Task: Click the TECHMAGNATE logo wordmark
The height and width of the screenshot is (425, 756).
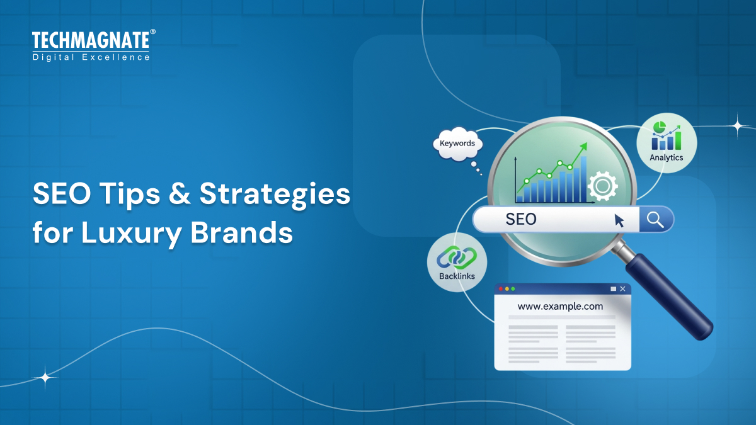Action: coord(91,41)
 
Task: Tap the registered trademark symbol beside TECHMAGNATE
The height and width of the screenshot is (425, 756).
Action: coord(152,31)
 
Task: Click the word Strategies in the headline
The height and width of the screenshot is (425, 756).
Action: coord(275,195)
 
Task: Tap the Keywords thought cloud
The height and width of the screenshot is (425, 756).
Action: coord(457,144)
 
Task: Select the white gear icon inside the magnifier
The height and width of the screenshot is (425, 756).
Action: coord(602,186)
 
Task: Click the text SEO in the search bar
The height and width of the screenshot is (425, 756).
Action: coord(521,219)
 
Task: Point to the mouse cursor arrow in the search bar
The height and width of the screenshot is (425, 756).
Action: coord(619,220)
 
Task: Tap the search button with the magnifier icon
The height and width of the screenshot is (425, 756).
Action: coord(656,219)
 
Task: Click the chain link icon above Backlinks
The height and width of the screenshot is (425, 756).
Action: coord(457,257)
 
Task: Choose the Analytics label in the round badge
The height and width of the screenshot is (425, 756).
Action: coord(666,157)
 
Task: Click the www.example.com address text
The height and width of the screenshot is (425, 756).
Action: coord(560,307)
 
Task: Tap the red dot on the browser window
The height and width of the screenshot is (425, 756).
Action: coord(501,289)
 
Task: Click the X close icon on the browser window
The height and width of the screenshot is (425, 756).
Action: coord(622,289)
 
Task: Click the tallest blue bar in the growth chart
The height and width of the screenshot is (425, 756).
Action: coord(583,179)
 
